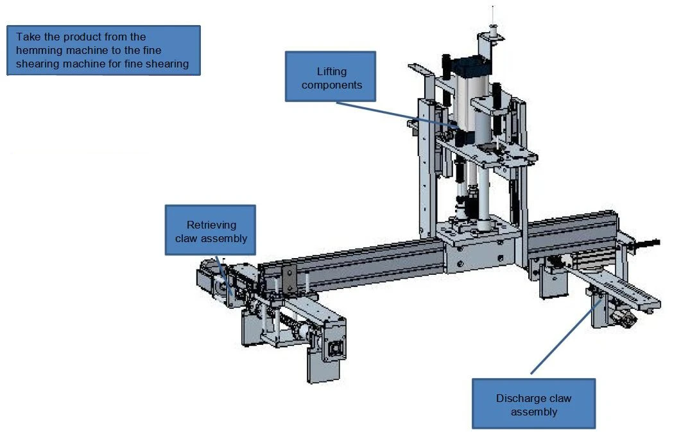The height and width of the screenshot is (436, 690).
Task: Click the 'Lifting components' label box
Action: [x=331, y=76]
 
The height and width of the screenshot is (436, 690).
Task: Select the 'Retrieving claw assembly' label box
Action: [x=211, y=230]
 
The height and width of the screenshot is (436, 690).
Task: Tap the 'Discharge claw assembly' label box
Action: [x=534, y=403]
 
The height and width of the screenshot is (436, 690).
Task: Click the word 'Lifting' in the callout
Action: [x=332, y=71]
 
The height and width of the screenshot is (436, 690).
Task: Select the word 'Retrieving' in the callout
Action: [x=211, y=225]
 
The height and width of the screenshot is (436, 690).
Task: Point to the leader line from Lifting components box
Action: [x=397, y=115]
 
